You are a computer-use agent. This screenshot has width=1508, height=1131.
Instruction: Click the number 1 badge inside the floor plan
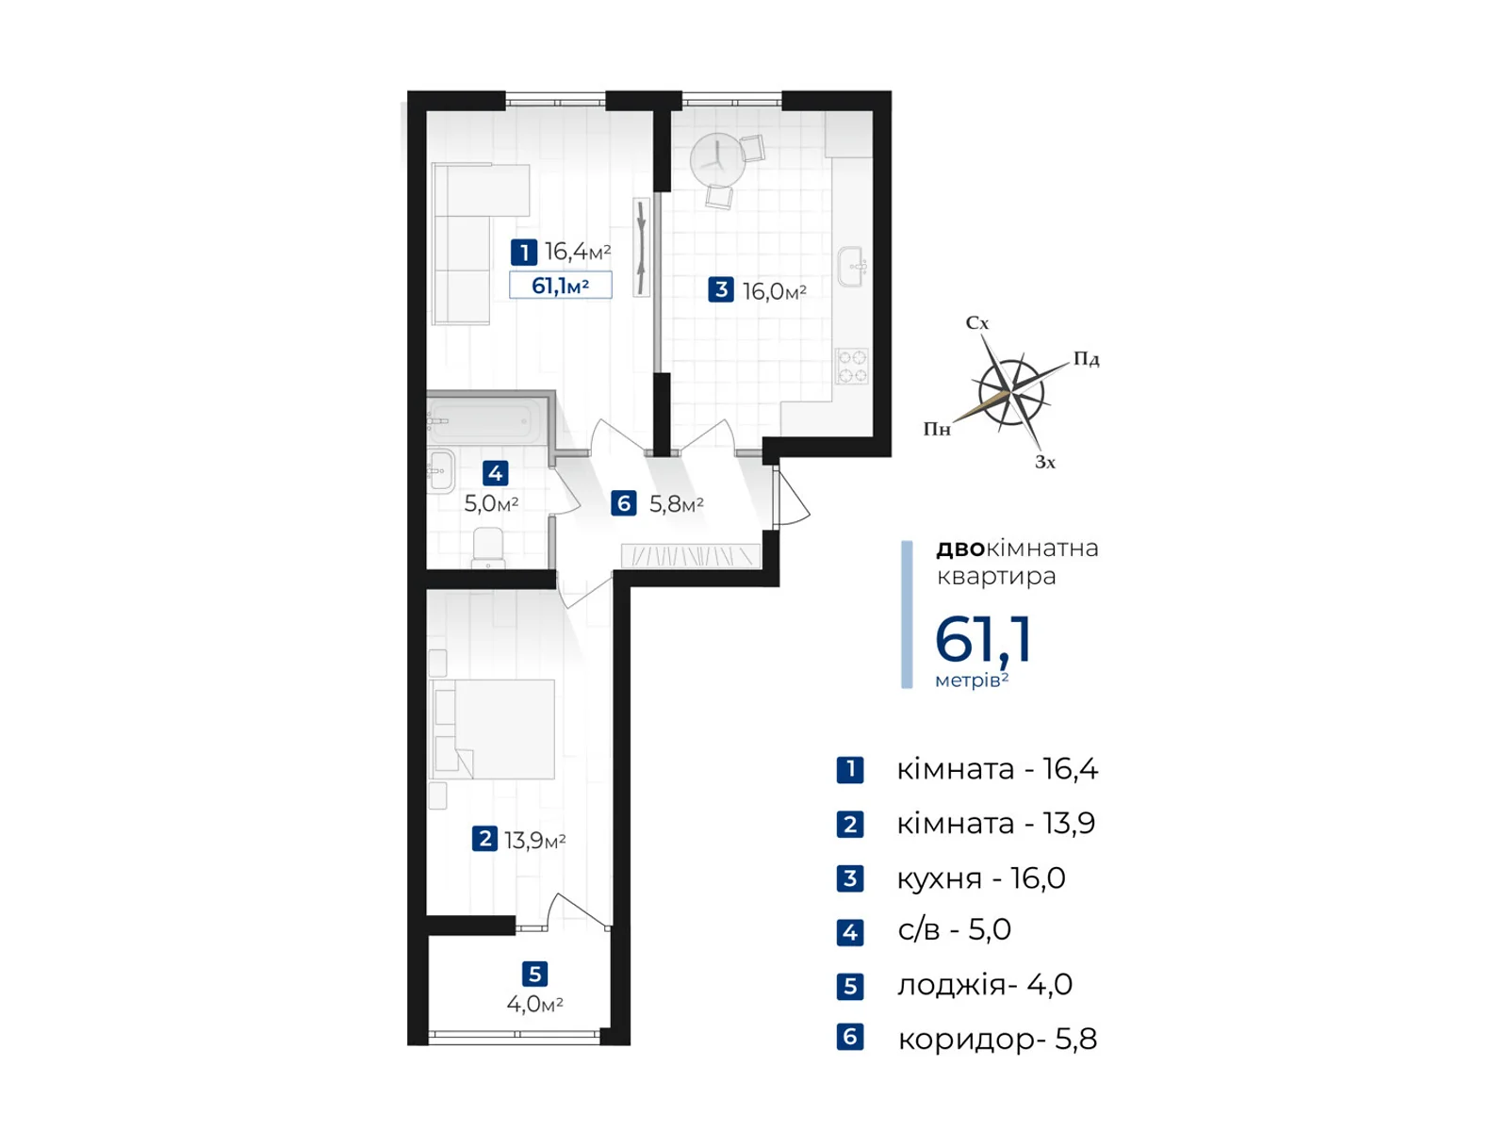coord(524,253)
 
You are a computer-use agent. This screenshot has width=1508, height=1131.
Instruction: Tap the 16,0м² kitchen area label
coord(774,291)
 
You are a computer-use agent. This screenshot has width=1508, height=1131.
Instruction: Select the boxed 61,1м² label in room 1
coord(561,286)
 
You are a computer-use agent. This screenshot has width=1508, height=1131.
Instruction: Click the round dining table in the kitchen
coord(717,159)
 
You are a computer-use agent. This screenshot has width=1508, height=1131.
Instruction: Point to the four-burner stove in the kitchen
coord(853,366)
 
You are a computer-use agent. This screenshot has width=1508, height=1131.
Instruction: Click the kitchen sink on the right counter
coord(852,267)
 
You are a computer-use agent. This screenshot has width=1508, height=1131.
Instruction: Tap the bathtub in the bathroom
coord(486,420)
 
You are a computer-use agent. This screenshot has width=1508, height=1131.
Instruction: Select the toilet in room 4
coord(488,548)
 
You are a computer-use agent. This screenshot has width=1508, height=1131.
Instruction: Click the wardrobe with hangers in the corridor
coord(691,556)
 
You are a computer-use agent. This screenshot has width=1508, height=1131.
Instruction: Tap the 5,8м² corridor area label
coord(677,505)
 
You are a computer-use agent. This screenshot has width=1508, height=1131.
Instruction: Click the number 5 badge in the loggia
coord(534,974)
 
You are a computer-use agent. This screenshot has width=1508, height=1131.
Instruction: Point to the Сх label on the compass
coord(977,323)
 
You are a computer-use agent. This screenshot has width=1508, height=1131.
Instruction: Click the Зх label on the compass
coord(1045,462)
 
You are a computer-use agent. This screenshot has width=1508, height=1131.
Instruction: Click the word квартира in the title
coord(996,577)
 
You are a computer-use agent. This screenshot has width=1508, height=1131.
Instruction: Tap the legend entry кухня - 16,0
coord(980,878)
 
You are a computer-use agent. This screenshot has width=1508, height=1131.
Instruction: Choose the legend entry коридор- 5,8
coord(996,1039)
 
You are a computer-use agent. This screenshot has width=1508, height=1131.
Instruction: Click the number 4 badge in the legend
coord(850,932)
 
